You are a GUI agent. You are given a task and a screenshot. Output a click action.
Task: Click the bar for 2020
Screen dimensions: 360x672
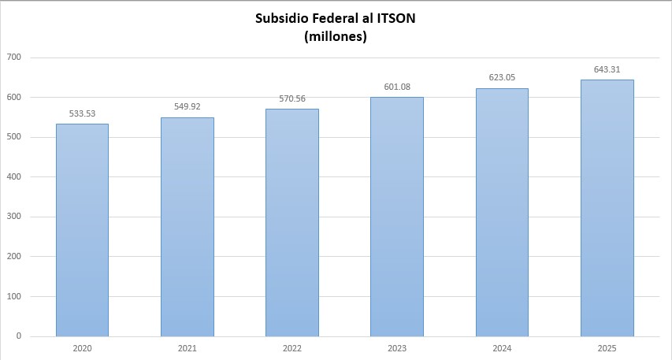tap(82, 230)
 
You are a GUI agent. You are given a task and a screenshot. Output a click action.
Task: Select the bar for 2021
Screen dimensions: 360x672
tap(187, 227)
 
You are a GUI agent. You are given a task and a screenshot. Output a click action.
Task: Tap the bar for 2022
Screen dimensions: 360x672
tap(291, 223)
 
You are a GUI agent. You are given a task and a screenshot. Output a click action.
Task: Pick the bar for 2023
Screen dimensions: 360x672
tap(396, 217)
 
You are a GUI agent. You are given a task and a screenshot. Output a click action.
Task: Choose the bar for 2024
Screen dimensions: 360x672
tap(502, 213)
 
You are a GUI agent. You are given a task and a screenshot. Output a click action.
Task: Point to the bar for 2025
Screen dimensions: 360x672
tap(607, 208)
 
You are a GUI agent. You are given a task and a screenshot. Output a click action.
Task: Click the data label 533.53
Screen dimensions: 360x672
tap(82, 113)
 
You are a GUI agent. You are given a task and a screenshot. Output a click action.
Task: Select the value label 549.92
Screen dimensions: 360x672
tap(187, 107)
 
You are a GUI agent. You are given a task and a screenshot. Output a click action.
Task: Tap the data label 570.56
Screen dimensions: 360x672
tap(291, 99)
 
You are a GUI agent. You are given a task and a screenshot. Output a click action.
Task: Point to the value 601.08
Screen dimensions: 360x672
tap(396, 87)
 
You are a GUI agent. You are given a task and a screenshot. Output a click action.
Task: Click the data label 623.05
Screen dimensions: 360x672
tap(502, 78)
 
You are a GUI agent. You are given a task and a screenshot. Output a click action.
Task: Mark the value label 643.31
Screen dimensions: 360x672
tap(607, 69)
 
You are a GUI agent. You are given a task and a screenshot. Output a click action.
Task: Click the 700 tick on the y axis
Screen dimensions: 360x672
tap(13, 58)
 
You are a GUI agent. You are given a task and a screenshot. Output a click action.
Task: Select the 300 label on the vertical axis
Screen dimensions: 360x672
tap(13, 217)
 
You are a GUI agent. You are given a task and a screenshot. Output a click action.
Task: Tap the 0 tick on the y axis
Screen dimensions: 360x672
tap(18, 336)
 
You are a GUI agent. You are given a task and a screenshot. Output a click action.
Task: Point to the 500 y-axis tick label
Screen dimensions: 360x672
tap(13, 137)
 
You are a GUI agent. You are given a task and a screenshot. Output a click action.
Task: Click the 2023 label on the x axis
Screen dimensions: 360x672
tap(396, 347)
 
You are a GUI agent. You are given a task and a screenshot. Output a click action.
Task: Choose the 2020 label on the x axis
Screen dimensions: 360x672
tap(82, 347)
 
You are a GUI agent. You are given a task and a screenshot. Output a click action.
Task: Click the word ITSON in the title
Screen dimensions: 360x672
tap(394, 19)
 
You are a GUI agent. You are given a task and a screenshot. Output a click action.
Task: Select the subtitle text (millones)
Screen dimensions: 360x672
tap(336, 36)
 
